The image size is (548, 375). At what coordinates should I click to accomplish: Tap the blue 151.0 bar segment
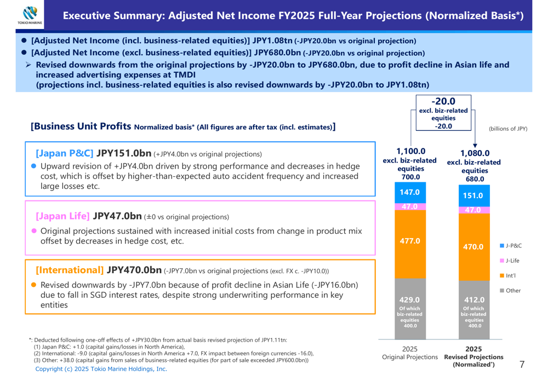coord(474,195)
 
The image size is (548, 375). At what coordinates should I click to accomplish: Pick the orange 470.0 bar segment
coord(474,247)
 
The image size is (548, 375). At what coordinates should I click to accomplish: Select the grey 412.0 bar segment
coord(474,309)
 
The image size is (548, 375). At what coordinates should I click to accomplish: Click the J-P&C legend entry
coord(511,246)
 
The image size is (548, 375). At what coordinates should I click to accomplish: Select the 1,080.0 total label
coord(475,153)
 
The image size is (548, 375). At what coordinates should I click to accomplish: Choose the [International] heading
coord(70,270)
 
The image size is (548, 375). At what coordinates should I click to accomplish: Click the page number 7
coord(522,364)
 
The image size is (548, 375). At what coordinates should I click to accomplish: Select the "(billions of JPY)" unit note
coord(508,129)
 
